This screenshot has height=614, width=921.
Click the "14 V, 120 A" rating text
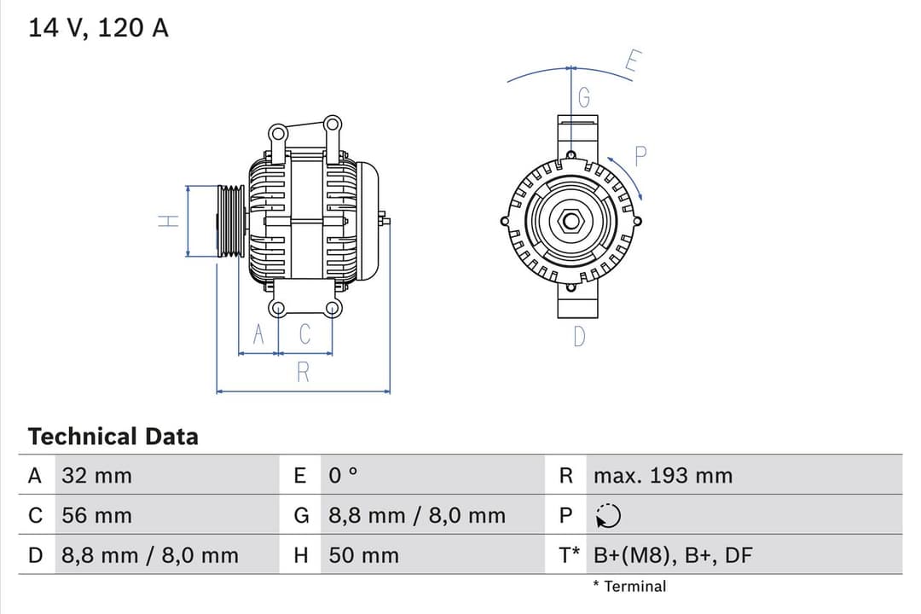click(99, 27)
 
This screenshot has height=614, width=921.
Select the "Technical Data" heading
click(113, 437)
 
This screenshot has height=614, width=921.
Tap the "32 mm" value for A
click(97, 476)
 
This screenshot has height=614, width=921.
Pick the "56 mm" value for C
click(97, 516)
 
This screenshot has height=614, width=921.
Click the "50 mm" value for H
click(363, 556)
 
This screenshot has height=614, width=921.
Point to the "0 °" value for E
click(344, 476)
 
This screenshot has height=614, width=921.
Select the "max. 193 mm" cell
click(663, 476)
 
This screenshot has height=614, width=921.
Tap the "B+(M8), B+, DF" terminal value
click(673, 556)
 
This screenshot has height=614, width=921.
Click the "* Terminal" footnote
click(629, 586)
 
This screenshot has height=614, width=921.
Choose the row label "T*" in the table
click(569, 556)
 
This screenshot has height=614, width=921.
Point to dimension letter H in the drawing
click(170, 221)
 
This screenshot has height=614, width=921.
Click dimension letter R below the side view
click(303, 373)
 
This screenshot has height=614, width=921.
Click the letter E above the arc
click(632, 63)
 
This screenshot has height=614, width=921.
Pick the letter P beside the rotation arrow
click(641, 156)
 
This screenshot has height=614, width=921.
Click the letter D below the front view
click(579, 338)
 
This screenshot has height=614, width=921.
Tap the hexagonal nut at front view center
click(570, 222)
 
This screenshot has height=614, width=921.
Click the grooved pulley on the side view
click(230, 221)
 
